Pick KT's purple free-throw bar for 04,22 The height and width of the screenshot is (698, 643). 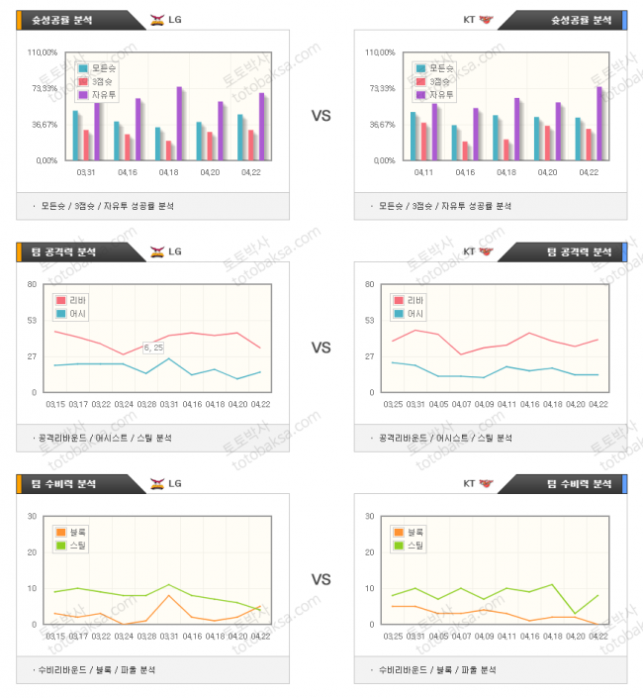tap(598, 122)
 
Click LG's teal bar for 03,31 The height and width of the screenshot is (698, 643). tap(75, 135)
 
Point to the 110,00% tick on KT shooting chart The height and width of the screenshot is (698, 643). tap(380, 52)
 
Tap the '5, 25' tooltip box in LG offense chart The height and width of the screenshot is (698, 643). tap(153, 348)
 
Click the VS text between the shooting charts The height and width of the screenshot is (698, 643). tap(321, 116)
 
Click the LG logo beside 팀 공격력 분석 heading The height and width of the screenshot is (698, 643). tap(157, 251)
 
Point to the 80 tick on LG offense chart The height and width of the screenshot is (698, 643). tap(32, 284)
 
